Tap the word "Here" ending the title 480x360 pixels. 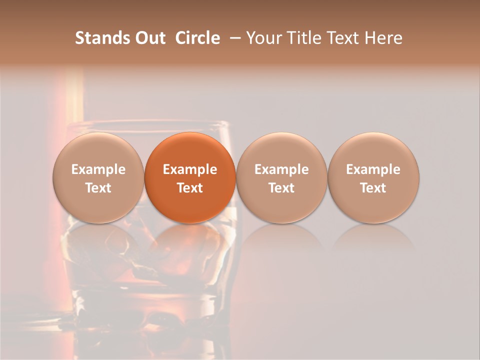pos(383,38)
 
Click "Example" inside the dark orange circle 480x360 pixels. pos(190,169)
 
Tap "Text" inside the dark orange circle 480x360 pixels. pos(190,188)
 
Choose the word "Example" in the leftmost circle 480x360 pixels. pos(98,169)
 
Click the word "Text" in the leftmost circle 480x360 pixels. pos(98,188)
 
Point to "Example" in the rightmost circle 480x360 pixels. pos(373,169)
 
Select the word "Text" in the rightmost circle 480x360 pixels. pos(373,188)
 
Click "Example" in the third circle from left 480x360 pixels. pos(281,169)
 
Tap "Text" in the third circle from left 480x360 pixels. pos(281,188)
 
